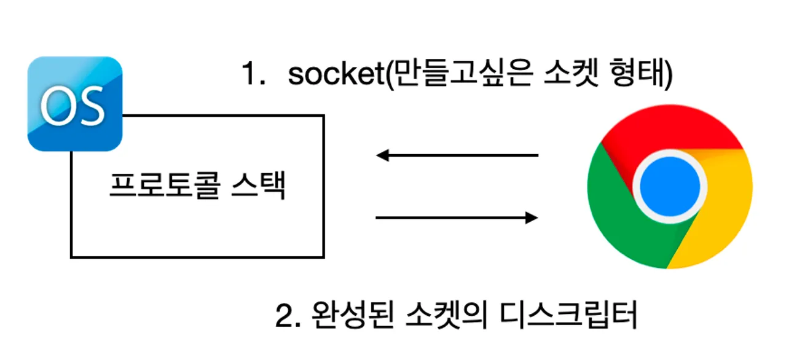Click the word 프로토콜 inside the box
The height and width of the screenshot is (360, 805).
162,185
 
